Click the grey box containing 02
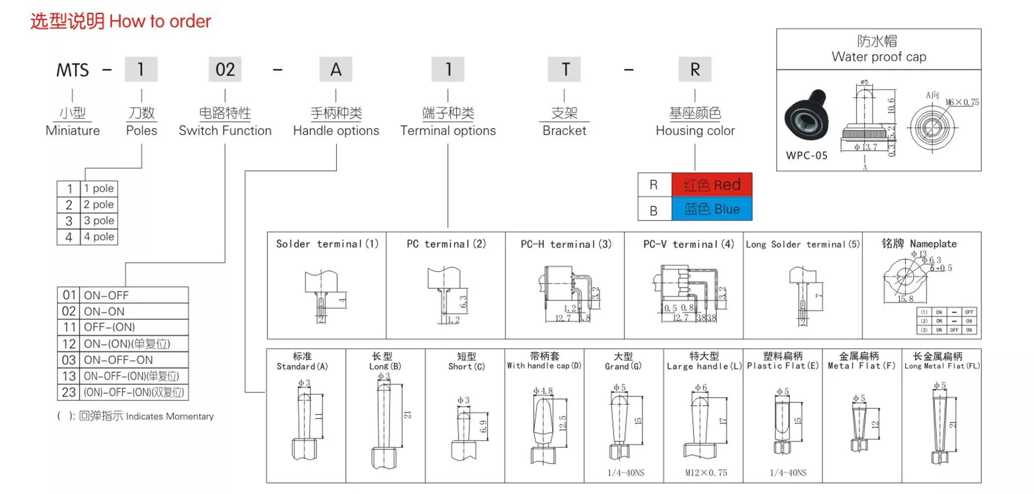pos(225,69)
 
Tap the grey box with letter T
pos(564,69)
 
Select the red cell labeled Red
pos(712,185)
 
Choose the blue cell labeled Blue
pos(712,209)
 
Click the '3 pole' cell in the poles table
pos(99,221)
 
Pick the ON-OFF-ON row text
pos(118,360)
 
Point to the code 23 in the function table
pos(69,392)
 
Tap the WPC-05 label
pos(807,156)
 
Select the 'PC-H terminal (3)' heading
pos(566,244)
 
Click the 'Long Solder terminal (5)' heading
pos(803,245)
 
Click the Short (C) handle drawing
pos(464,435)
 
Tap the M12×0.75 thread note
pos(706,473)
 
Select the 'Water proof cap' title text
pos(878,57)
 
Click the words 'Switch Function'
pos(225,131)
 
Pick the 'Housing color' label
pos(695,131)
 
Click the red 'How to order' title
pos(160,21)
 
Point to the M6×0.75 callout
pos(962,103)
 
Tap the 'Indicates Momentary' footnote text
pos(170,416)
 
